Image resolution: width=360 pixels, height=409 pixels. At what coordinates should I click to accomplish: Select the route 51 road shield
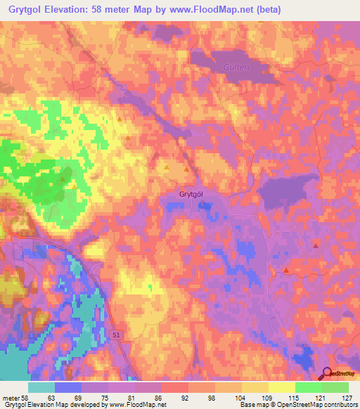pyautogui.click(x=115, y=337)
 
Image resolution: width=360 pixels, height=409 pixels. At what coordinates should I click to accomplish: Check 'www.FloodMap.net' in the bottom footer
pyautogui.click(x=136, y=405)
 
